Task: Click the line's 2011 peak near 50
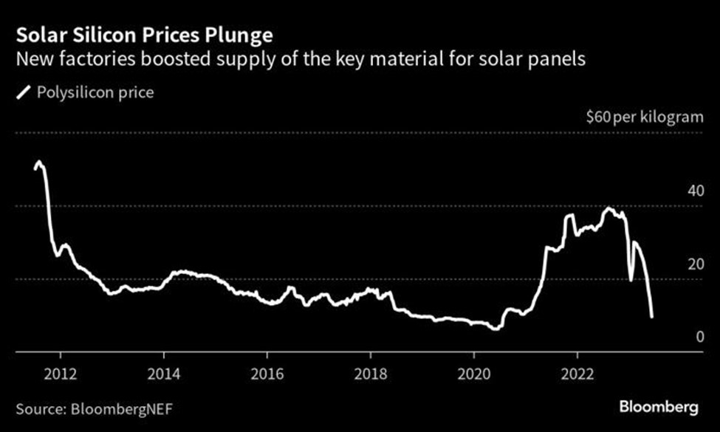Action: tap(39, 162)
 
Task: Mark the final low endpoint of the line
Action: tap(651, 317)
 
